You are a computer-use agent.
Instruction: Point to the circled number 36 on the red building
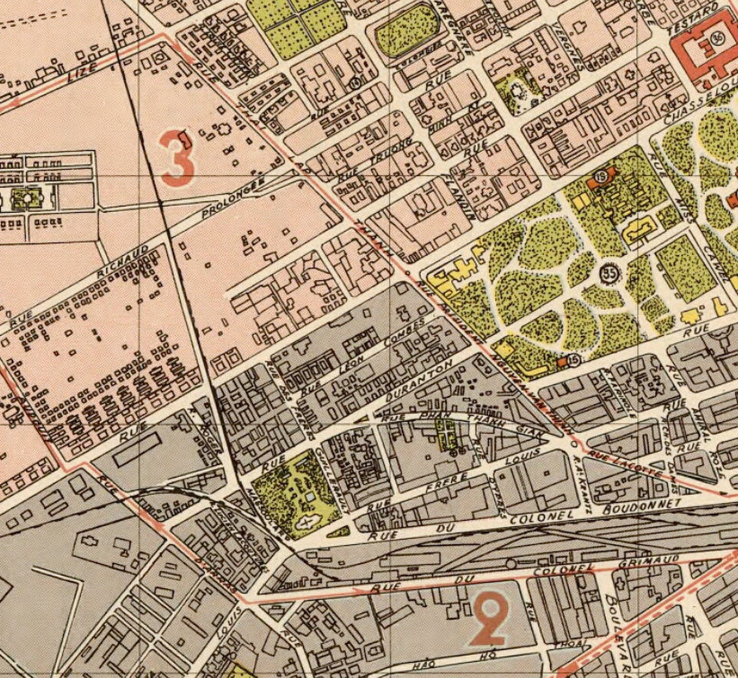click(717, 38)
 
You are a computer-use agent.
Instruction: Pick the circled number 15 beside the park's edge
click(574, 361)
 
